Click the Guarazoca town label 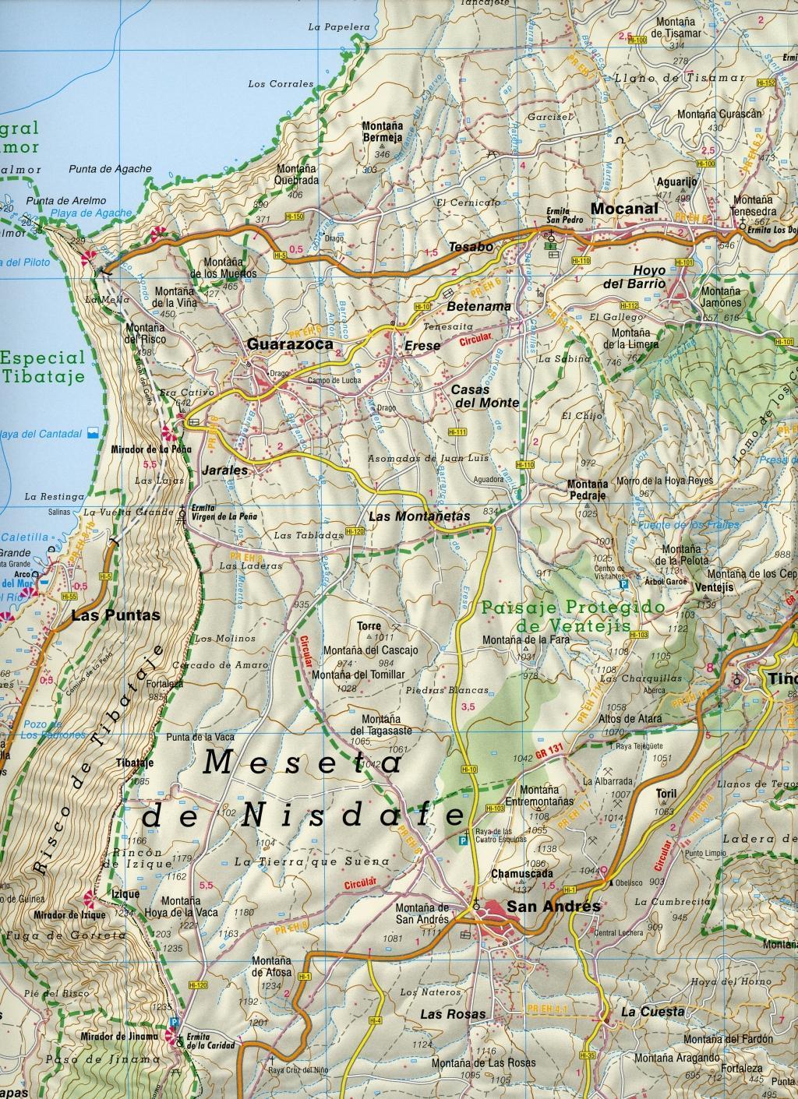tap(289, 343)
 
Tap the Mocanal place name tap(624, 209)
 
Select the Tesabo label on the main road tap(471, 247)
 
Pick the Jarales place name tap(224, 470)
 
